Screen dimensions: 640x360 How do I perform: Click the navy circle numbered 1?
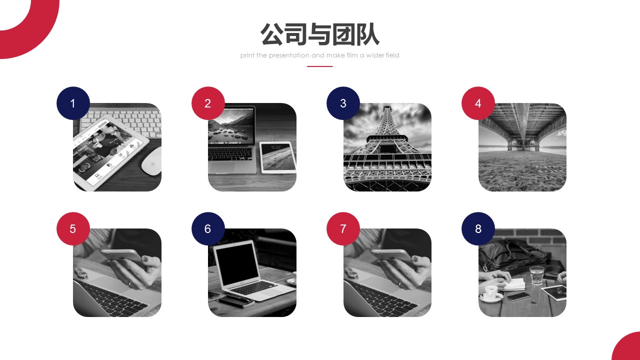[x=73, y=103]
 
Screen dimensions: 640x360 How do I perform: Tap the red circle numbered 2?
[x=208, y=103]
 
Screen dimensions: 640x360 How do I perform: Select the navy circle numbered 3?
[x=343, y=103]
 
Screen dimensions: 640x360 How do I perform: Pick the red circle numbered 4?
[x=478, y=103]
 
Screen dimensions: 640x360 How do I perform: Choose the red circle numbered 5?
[x=73, y=228]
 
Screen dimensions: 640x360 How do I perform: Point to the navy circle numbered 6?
[x=208, y=228]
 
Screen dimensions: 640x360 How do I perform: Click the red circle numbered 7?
[x=343, y=228]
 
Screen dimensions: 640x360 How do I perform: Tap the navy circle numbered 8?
[x=478, y=228]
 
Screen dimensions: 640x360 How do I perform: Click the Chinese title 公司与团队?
[x=319, y=34]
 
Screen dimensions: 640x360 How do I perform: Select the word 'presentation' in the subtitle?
[x=289, y=55]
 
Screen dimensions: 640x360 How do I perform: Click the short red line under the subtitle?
[x=319, y=66]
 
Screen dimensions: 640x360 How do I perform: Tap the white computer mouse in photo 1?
[x=151, y=161]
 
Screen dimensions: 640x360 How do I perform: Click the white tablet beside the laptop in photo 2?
[x=278, y=157]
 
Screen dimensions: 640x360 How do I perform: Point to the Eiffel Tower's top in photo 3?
[x=387, y=107]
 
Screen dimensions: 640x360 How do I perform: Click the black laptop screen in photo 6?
[x=237, y=264]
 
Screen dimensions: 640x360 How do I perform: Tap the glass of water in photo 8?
[x=536, y=275]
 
